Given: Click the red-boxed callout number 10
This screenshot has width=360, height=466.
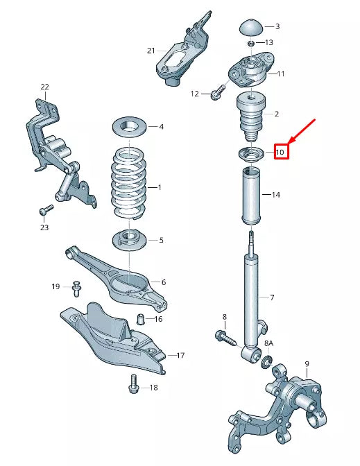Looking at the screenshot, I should pos(280,151).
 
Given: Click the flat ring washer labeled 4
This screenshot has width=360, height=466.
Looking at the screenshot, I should pos(130,127).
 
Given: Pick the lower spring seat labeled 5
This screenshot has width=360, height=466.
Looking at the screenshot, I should pos(129,240).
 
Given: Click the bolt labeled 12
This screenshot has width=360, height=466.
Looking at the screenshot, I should pos(216,90).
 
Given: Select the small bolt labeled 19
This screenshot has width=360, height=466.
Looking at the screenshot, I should pos(76,286).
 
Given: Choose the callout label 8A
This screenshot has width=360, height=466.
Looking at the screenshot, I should pos(269,344).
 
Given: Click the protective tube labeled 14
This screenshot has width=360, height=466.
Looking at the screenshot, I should pos(252,196).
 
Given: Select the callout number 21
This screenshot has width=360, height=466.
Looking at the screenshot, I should pos(151,51).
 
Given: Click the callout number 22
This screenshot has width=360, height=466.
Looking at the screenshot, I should pos(45,87).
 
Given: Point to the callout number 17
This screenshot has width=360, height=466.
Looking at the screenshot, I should pos(180,356).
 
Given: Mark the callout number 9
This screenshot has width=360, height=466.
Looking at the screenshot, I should pos(307,363).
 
